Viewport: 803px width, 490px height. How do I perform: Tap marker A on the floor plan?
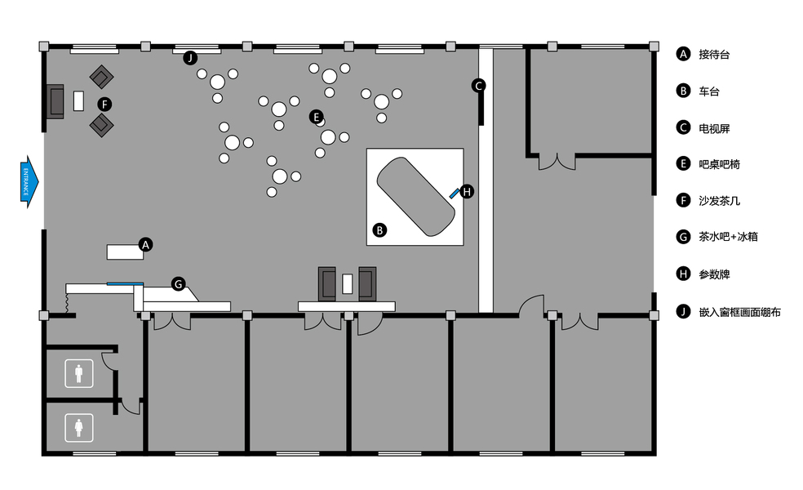[x=145, y=244]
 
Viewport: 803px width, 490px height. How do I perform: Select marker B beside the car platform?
[x=379, y=230]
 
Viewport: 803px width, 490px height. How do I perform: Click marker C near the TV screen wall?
[x=479, y=85]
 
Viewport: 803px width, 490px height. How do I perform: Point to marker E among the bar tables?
[x=317, y=117]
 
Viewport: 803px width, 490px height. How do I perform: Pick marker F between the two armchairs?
[x=104, y=104]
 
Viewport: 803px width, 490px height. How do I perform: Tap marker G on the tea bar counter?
[x=179, y=283]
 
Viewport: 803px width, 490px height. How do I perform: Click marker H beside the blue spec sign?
[x=466, y=192]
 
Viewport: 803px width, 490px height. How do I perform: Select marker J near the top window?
[x=190, y=57]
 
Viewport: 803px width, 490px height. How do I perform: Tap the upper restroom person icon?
[x=79, y=374]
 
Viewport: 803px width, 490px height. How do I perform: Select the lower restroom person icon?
[x=79, y=426]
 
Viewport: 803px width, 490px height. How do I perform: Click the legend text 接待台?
[x=714, y=55]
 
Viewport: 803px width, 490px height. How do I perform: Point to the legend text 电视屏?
[x=714, y=128]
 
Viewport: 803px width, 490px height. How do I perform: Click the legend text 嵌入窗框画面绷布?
[x=739, y=311]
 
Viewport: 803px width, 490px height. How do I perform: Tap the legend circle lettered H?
[x=683, y=274]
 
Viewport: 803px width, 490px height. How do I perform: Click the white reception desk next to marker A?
[x=125, y=252]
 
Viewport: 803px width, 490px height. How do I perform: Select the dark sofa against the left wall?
[x=55, y=101]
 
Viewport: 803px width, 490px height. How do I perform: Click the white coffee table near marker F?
[x=79, y=100]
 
